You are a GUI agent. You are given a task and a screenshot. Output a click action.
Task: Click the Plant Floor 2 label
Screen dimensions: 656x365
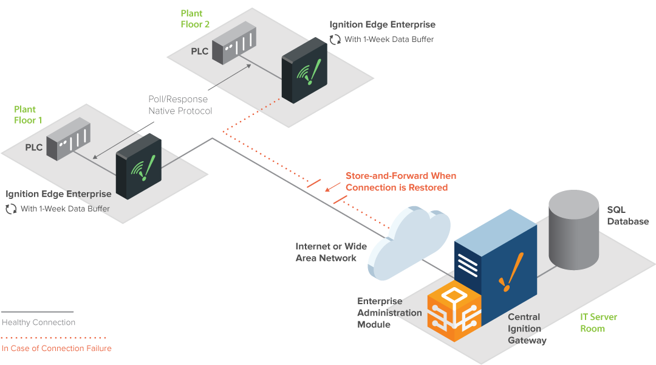click(x=195, y=19)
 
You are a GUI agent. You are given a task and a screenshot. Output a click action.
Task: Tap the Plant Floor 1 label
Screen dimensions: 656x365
click(x=28, y=115)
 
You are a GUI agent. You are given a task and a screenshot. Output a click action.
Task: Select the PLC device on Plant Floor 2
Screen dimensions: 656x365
click(x=234, y=43)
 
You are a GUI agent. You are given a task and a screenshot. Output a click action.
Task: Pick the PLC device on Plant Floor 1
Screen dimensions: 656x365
click(x=68, y=139)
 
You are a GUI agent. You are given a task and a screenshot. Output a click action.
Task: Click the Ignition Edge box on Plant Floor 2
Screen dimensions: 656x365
click(x=304, y=71)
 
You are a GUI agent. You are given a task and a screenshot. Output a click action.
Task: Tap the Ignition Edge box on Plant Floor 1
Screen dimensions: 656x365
click(x=138, y=166)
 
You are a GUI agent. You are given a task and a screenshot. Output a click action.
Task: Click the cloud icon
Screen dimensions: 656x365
click(x=408, y=242)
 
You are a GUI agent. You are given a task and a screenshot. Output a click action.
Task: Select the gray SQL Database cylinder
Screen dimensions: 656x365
click(x=573, y=229)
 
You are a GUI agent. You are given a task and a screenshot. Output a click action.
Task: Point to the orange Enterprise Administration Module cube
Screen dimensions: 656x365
click(x=454, y=310)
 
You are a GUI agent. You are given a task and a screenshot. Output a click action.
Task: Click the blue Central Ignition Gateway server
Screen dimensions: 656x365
click(x=496, y=268)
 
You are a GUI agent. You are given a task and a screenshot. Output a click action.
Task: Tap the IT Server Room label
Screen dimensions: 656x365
click(x=598, y=322)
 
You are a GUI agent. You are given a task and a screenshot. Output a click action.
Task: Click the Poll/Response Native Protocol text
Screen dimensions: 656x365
click(x=180, y=105)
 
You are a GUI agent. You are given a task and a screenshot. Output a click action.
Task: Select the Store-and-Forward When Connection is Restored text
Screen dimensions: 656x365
click(x=401, y=181)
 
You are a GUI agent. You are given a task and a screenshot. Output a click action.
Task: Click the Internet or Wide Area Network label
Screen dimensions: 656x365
click(x=331, y=252)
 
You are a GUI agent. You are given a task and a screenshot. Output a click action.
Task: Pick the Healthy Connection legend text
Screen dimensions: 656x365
click(x=38, y=322)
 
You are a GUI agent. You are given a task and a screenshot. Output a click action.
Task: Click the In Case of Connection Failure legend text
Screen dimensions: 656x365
click(x=56, y=348)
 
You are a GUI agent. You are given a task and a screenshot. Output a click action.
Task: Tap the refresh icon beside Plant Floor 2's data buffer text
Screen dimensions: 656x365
click(x=335, y=40)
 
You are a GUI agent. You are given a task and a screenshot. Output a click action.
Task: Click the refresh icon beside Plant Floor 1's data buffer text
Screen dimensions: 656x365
click(x=12, y=209)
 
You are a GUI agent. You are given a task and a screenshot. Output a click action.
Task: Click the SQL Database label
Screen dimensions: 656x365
click(x=628, y=215)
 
